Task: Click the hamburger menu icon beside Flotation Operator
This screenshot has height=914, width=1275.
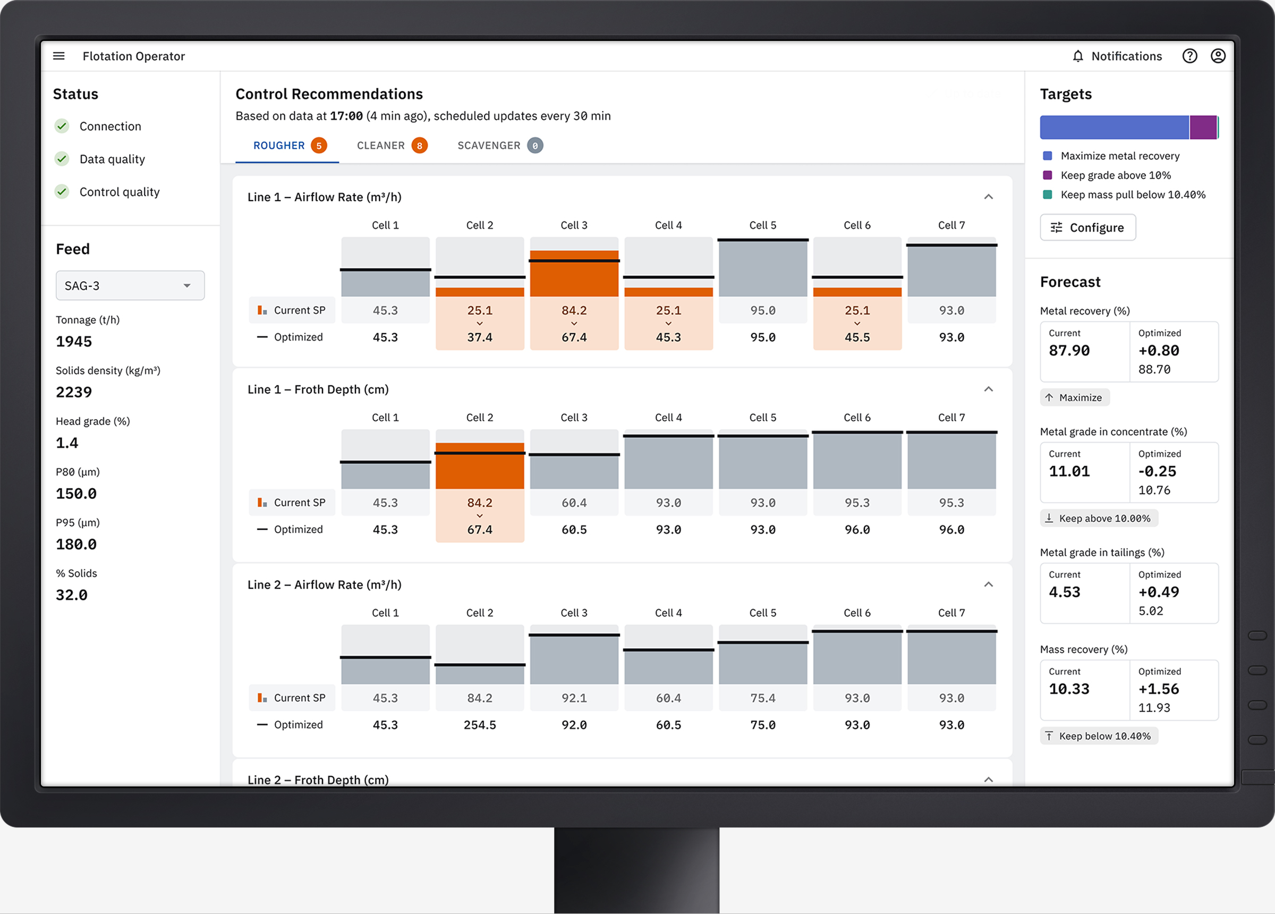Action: coord(58,56)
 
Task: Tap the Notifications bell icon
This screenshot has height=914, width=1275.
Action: coord(1077,56)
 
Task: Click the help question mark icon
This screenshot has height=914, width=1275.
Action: coord(1189,56)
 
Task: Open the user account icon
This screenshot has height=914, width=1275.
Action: coord(1218,56)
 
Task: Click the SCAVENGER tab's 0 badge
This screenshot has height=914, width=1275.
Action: coord(534,146)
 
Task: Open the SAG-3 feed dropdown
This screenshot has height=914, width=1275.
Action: coord(130,286)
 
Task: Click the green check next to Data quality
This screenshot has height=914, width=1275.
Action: coord(62,159)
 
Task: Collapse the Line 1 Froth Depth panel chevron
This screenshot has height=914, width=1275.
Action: coord(988,389)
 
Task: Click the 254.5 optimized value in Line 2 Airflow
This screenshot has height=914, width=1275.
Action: coord(480,725)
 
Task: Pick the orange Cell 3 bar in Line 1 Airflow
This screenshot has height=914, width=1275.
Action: coord(573,273)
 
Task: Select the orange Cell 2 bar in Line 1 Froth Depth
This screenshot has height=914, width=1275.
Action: coord(480,466)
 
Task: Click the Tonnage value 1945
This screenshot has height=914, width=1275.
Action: coord(74,341)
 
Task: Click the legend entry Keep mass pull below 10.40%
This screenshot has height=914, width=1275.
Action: coord(1132,194)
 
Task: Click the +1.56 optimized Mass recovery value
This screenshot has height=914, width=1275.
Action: coord(1159,689)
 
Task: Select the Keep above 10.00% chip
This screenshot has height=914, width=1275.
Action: coord(1099,519)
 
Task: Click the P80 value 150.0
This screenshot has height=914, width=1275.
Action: coord(76,494)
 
